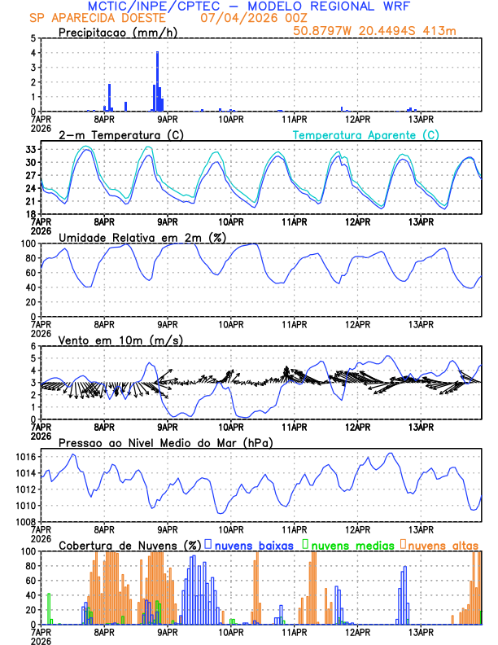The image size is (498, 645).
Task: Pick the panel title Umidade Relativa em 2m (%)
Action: [138, 237]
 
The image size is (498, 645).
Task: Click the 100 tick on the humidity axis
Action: [27, 244]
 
